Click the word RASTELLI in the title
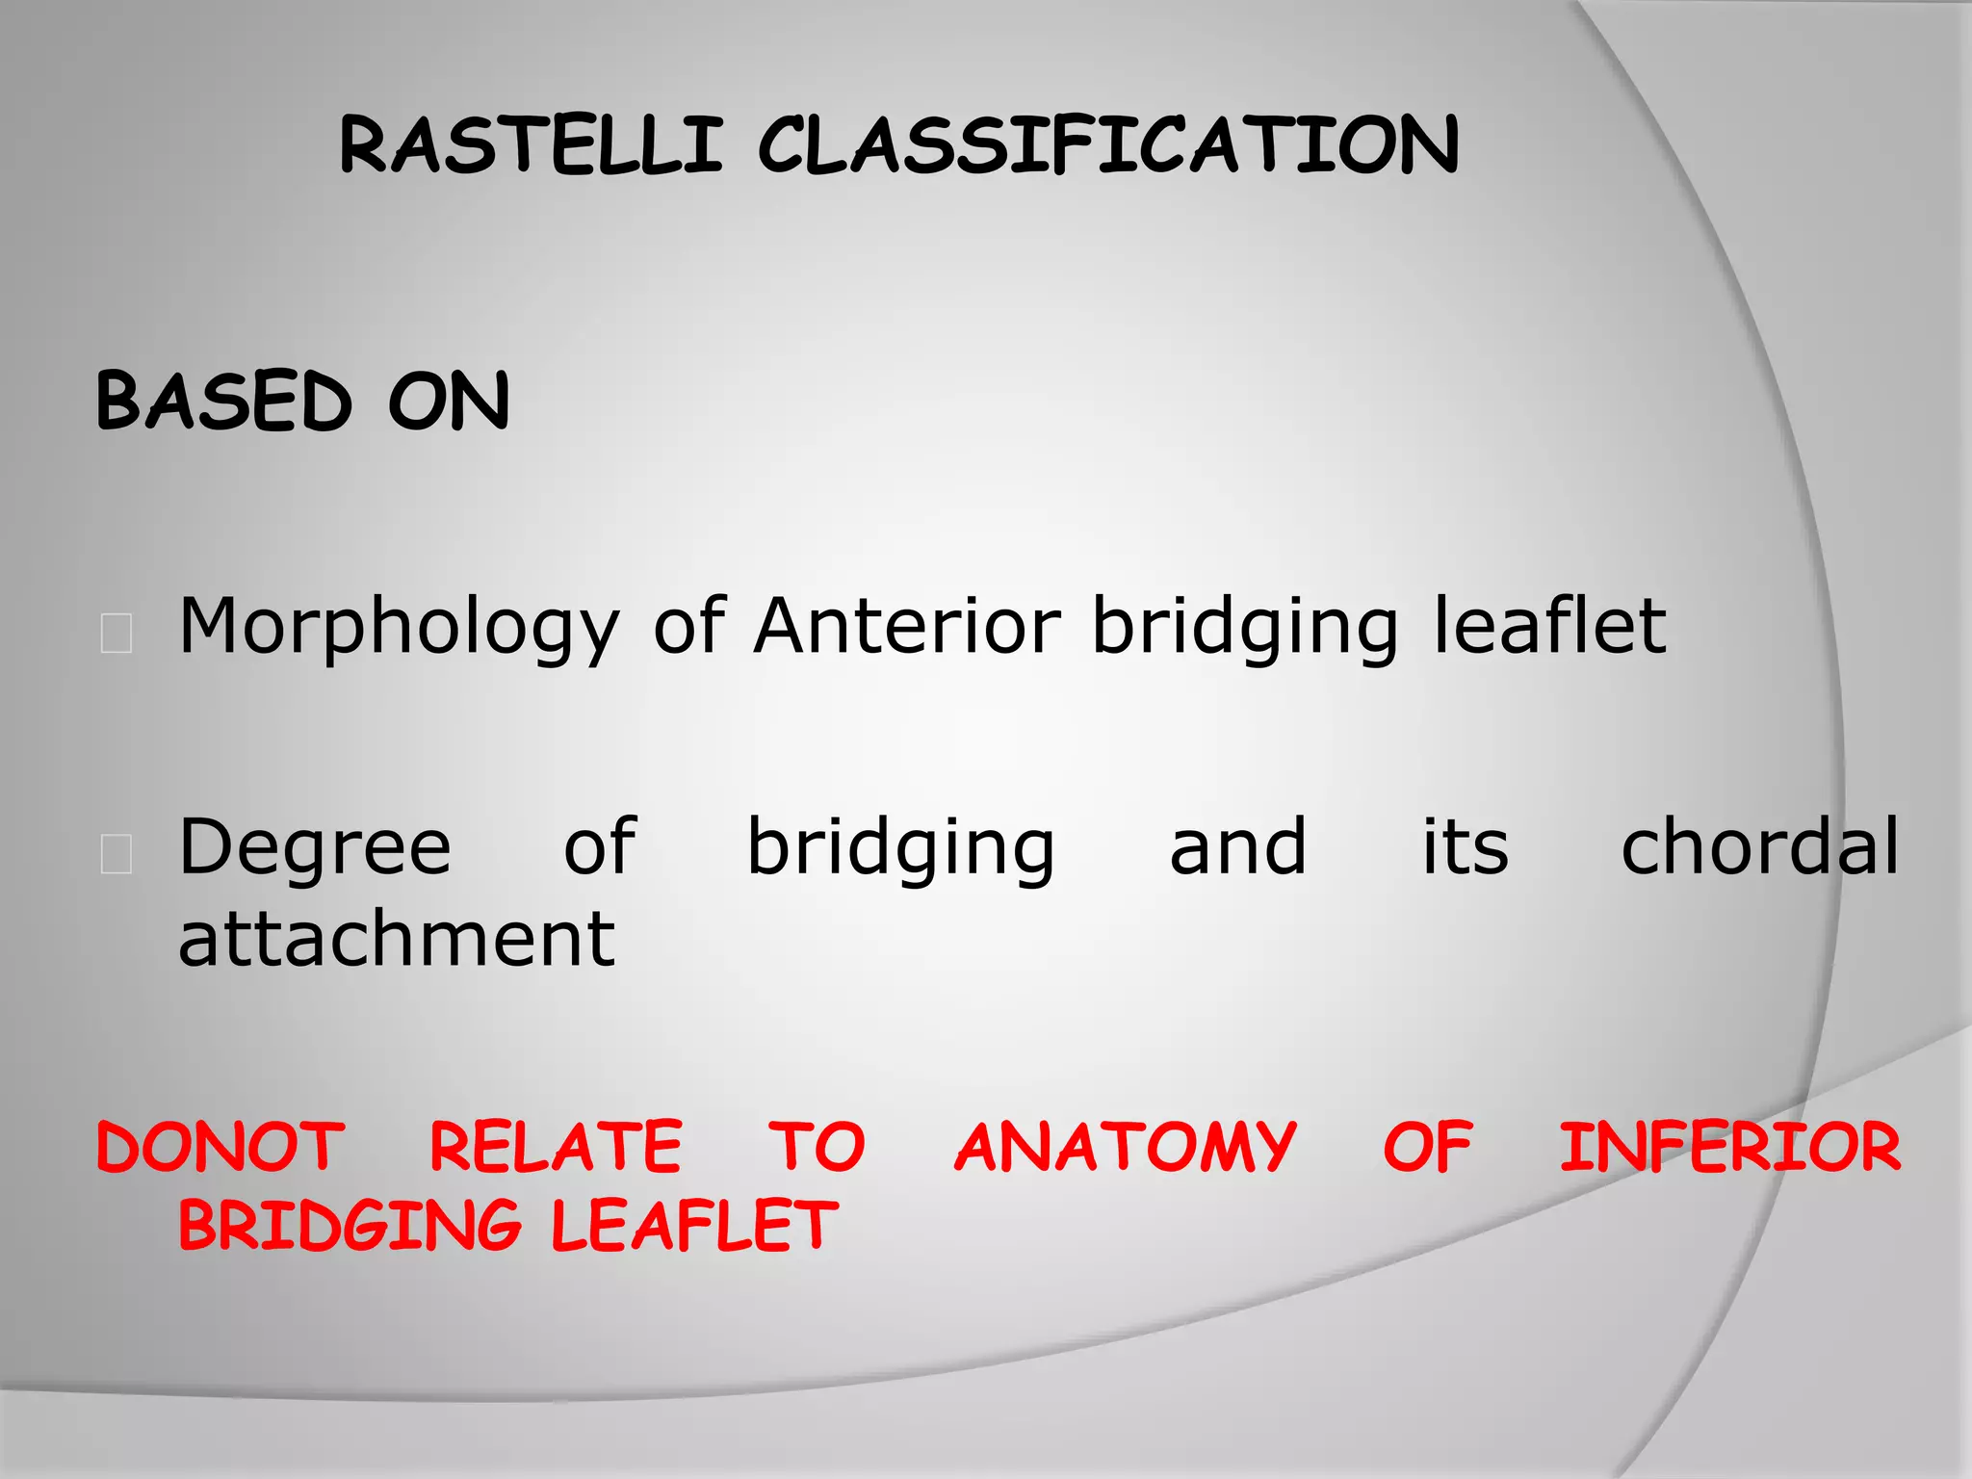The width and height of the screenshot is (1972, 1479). pyautogui.click(x=531, y=146)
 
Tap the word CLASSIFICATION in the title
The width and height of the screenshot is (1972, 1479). pyautogui.click(x=1108, y=146)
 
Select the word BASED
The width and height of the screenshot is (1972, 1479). pyautogui.click(x=224, y=402)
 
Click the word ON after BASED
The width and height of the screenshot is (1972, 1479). pyautogui.click(x=449, y=402)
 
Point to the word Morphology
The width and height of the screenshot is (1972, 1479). pyautogui.click(x=399, y=629)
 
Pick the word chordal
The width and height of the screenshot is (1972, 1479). pyautogui.click(x=1760, y=846)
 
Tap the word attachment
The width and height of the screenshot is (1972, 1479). pyautogui.click(x=396, y=939)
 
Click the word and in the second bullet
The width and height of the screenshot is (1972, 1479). pyautogui.click(x=1238, y=846)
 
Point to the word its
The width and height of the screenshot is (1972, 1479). pyautogui.click(x=1466, y=846)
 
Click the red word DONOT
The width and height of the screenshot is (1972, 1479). pyautogui.click(x=221, y=1147)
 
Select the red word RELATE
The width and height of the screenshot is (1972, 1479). pyautogui.click(x=556, y=1147)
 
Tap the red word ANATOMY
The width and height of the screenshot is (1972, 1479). pyautogui.click(x=1126, y=1147)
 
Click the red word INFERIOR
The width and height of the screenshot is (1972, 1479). pyautogui.click(x=1730, y=1147)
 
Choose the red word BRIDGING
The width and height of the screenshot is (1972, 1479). pyautogui.click(x=350, y=1226)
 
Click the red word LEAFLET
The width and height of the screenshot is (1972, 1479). pyautogui.click(x=694, y=1226)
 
